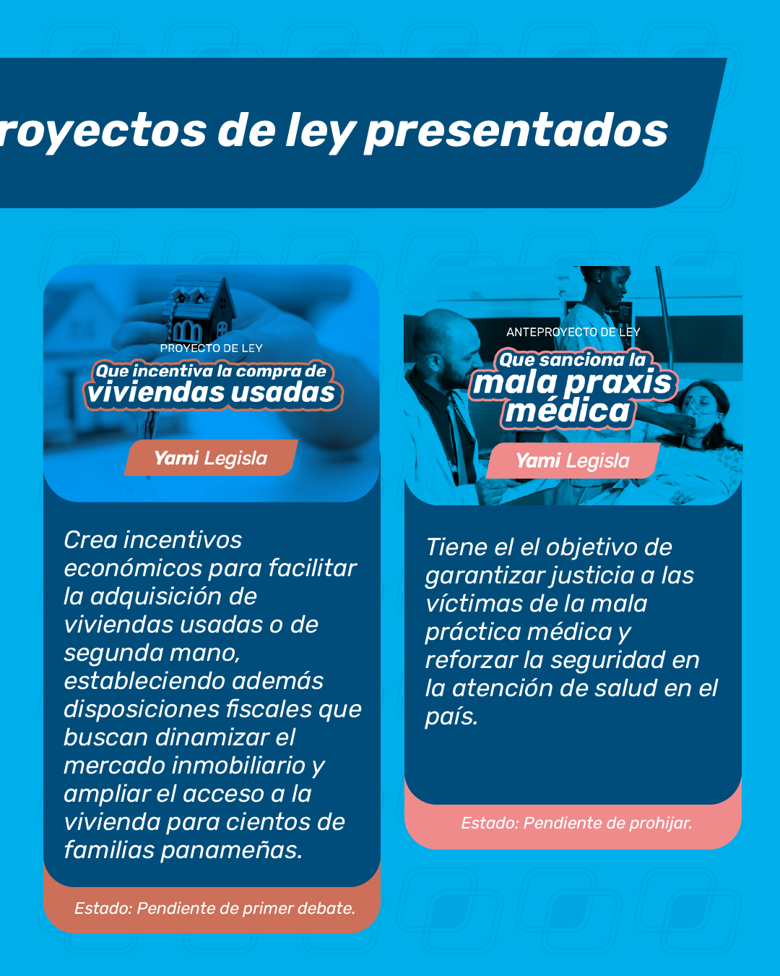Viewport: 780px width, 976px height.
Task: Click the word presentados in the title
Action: click(x=516, y=131)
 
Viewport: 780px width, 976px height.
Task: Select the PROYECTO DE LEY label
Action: click(x=211, y=348)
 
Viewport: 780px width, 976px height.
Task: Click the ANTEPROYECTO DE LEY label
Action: click(x=573, y=333)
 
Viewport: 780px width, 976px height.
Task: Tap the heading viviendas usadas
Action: click(x=211, y=393)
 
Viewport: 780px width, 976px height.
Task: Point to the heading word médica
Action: click(x=568, y=411)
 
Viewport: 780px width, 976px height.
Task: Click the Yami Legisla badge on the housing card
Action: click(x=211, y=458)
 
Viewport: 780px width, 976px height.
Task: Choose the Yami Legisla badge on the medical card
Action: click(x=573, y=461)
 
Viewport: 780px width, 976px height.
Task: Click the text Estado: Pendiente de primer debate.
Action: click(x=214, y=909)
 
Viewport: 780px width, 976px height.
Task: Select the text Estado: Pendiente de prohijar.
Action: click(x=576, y=823)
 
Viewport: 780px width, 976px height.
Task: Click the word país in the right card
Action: click(x=451, y=717)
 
